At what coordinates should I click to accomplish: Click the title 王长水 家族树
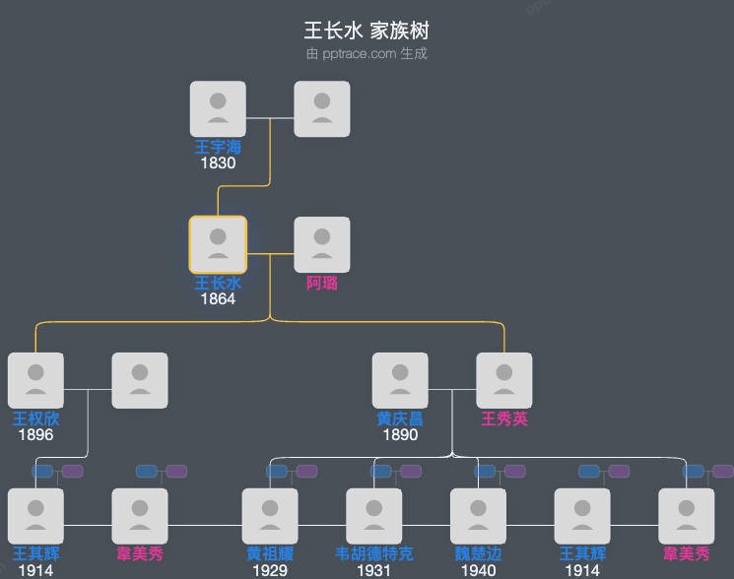[367, 31]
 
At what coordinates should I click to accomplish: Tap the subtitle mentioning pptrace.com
[367, 54]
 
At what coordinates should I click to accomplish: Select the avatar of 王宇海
[218, 108]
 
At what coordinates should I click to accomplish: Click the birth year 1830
[218, 163]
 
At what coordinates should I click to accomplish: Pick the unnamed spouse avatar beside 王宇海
[322, 108]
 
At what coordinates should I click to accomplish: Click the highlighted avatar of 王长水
[218, 244]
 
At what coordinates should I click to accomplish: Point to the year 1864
[218, 299]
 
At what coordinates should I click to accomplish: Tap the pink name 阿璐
[322, 284]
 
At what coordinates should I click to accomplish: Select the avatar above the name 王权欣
[36, 380]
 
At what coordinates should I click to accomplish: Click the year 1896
[36, 435]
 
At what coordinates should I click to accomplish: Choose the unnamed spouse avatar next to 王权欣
[140, 380]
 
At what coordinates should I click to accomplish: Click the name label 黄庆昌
[400, 419]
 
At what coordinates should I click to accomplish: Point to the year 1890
[400, 435]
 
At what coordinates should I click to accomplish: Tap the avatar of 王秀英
[504, 380]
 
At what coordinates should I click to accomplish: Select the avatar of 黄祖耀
[270, 516]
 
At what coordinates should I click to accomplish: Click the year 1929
[270, 570]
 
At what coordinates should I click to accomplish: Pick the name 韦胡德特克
[374, 555]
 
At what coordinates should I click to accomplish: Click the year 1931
[374, 570]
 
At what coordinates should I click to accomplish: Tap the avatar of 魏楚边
[478, 516]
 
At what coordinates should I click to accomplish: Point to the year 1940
[478, 570]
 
